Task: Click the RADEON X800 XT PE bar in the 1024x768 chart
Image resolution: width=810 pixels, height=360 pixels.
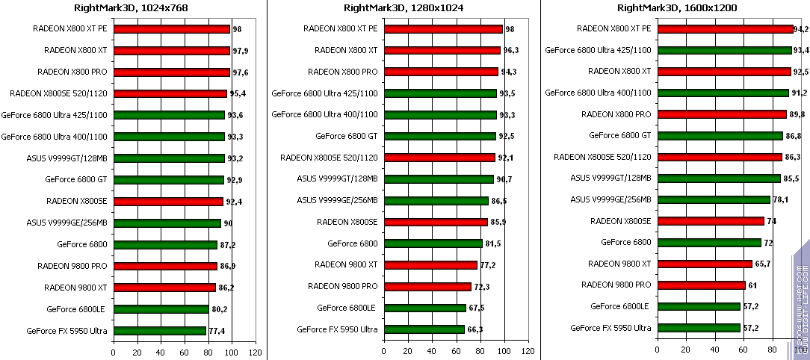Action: tap(171, 29)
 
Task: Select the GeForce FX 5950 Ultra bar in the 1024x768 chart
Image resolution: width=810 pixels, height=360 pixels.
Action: tap(159, 330)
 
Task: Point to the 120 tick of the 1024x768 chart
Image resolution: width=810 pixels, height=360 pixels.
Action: tap(255, 352)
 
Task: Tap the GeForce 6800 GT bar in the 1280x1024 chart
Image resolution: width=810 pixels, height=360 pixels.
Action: tap(439, 136)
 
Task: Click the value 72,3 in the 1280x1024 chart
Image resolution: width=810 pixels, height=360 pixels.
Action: tap(483, 287)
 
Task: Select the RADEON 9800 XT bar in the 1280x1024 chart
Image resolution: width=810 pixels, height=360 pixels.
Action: tap(430, 265)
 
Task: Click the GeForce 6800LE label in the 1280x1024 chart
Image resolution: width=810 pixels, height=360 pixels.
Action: tap(346, 307)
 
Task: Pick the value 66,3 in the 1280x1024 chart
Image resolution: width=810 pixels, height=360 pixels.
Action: tap(476, 329)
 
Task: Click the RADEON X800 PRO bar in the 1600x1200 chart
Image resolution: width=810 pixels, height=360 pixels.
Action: tap(721, 114)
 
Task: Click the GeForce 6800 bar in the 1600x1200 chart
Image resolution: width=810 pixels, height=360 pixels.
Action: tap(708, 243)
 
